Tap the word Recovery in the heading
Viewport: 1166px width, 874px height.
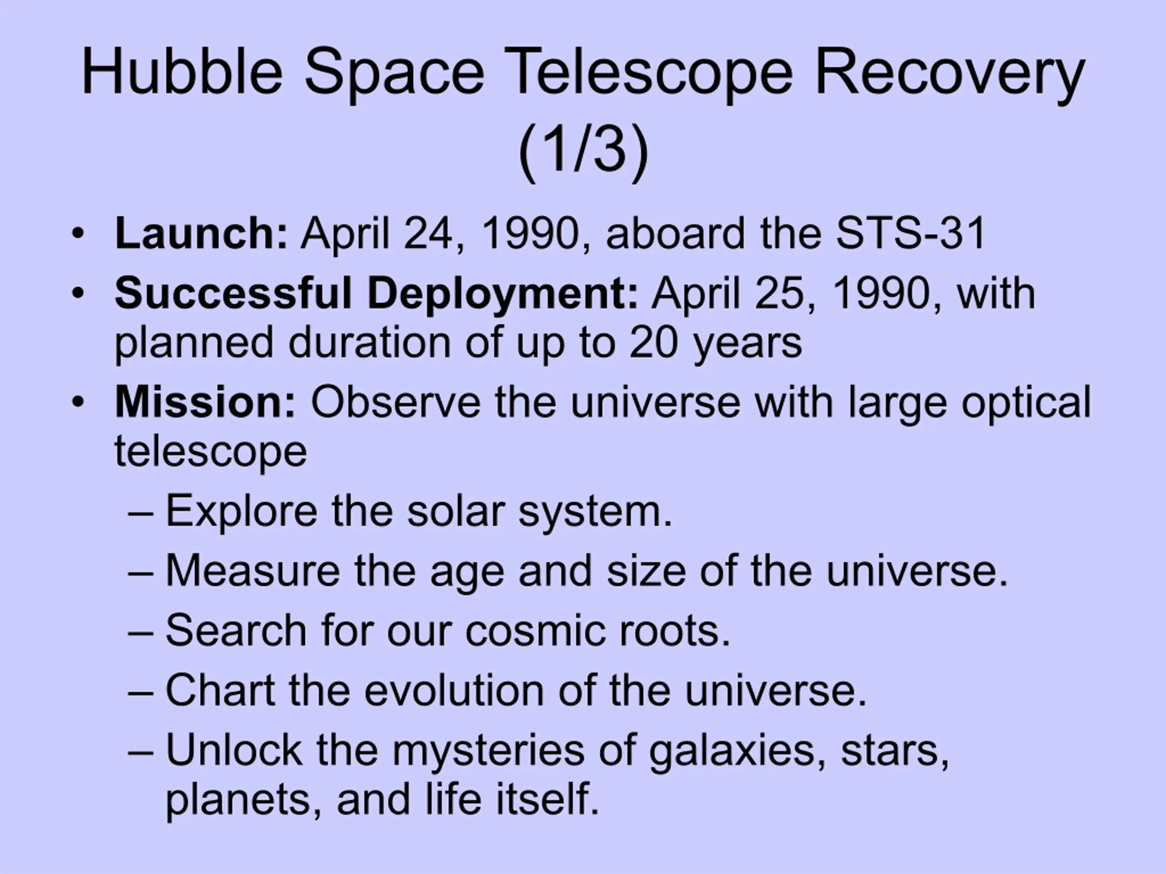tap(949, 75)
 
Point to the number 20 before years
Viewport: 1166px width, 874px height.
tap(653, 343)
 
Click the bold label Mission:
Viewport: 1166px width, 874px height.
tap(205, 402)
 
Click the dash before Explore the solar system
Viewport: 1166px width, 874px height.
tap(140, 513)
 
